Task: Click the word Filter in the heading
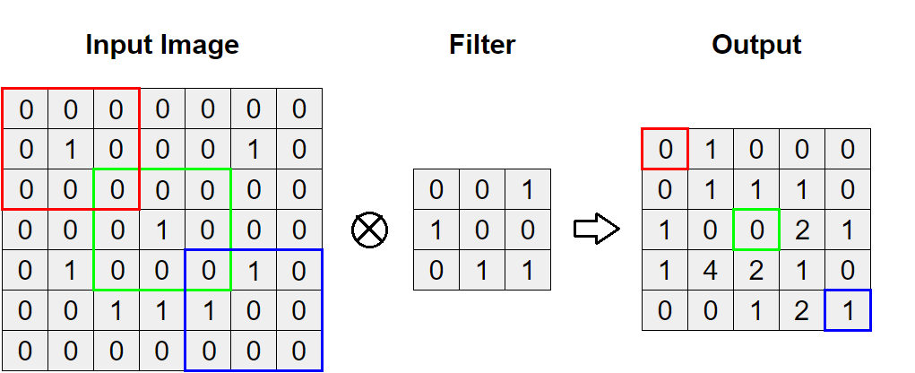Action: (x=482, y=45)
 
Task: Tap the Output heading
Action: (x=756, y=45)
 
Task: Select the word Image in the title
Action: (x=201, y=45)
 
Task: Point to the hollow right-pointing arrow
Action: (x=596, y=230)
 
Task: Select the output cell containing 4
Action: (x=711, y=270)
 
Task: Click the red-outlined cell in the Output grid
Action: (x=665, y=149)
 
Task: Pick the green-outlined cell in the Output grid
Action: (x=756, y=230)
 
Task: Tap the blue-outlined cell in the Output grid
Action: (x=848, y=310)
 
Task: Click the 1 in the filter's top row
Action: (x=528, y=190)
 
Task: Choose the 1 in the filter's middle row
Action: (x=436, y=230)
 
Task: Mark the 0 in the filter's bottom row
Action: (x=436, y=270)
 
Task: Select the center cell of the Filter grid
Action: (x=482, y=230)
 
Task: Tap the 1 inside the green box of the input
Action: (x=162, y=230)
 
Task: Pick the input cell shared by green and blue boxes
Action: (x=208, y=271)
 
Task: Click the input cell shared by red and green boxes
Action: (x=117, y=190)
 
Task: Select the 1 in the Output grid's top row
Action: (x=711, y=149)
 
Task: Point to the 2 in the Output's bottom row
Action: (x=802, y=310)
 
